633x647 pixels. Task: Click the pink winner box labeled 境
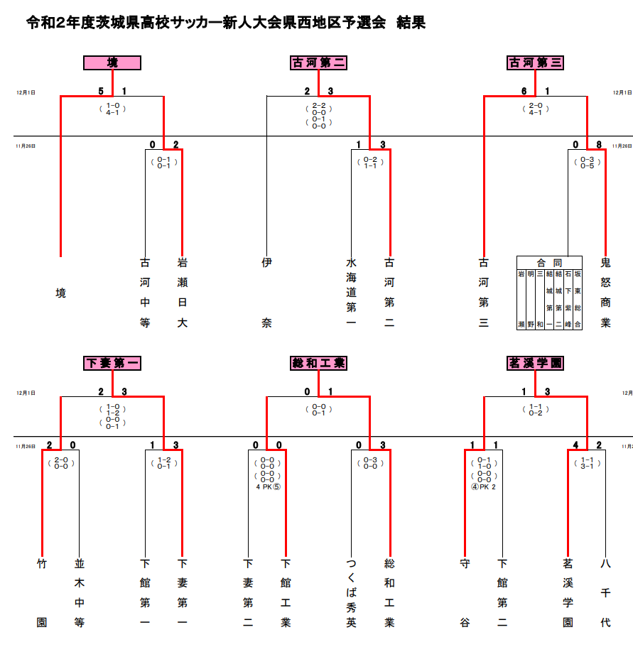point(112,63)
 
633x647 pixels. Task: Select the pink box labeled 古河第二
point(318,63)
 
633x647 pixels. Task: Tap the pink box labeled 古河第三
point(536,63)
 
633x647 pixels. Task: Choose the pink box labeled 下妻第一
point(112,363)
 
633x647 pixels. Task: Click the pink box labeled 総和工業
point(318,363)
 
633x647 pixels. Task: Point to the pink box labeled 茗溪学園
point(536,363)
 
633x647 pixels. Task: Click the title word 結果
point(411,22)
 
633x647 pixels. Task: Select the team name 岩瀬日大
point(183,293)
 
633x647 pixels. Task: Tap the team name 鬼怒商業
point(605,293)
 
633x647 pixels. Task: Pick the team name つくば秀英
point(352,593)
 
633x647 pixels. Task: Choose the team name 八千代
point(605,593)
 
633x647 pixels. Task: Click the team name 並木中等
point(80,593)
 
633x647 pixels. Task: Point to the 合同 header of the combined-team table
point(549,263)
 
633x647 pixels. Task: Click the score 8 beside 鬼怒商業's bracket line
point(599,145)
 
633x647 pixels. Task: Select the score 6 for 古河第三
point(524,91)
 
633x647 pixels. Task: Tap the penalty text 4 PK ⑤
point(269,487)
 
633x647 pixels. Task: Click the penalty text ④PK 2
point(483,487)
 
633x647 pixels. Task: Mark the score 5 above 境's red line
point(101,91)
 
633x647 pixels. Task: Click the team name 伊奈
point(266,293)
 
